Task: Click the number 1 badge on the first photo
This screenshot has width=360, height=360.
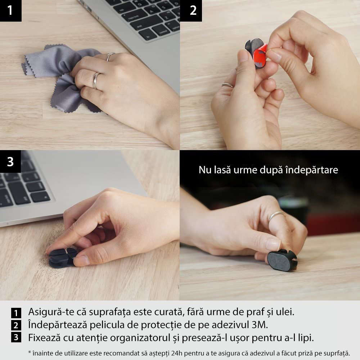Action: pyautogui.click(x=10, y=10)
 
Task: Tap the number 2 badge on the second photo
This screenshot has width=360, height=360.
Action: pyautogui.click(x=191, y=10)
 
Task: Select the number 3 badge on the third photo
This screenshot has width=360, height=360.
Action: pyautogui.click(x=10, y=161)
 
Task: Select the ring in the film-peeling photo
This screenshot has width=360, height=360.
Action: pyautogui.click(x=227, y=85)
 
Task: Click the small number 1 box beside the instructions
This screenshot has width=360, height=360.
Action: pyautogui.click(x=16, y=313)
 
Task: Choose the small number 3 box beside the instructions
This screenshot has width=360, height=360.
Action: pyautogui.click(x=16, y=337)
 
